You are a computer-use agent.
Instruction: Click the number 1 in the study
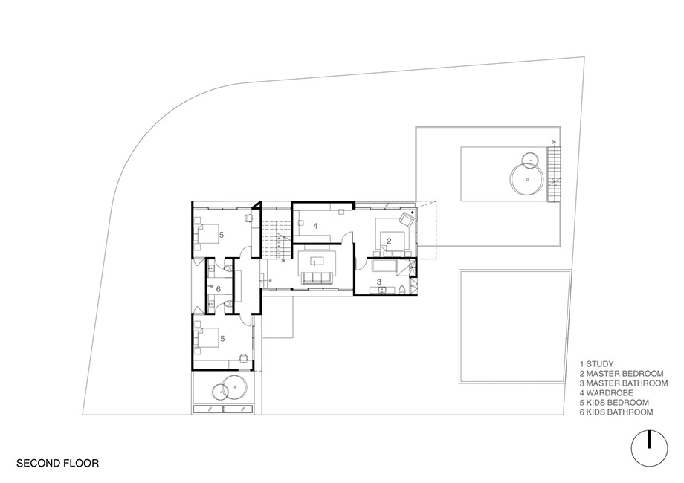pos(314,263)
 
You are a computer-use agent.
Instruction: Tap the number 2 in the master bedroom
pos(389,241)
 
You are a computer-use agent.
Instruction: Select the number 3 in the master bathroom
pos(379,282)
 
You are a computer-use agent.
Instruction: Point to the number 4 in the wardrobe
pos(315,226)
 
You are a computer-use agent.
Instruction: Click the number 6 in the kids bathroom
pos(218,289)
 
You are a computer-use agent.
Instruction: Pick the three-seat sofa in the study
pos(318,278)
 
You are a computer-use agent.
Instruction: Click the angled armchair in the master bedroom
pos(407,218)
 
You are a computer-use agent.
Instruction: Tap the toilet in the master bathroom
pos(402,289)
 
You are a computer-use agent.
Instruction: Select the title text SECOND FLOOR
pos(57,463)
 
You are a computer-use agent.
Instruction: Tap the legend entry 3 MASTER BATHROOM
pos(624,383)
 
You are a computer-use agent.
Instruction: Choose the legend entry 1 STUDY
pos(597,364)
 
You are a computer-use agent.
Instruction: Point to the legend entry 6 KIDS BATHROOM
pos(616,412)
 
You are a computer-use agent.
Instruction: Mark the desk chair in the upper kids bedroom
pos(248,218)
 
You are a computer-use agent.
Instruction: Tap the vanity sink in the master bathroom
pos(383,290)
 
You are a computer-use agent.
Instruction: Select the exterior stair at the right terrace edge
pos(552,175)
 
